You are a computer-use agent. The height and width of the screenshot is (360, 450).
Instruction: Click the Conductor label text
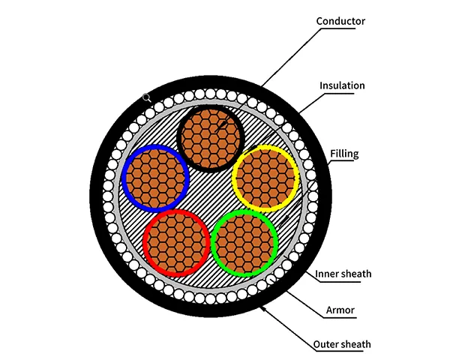[340, 21]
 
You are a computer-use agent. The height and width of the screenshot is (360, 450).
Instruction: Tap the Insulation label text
[342, 85]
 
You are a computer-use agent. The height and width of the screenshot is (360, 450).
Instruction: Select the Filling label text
[344, 154]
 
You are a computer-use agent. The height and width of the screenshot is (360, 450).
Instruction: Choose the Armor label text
[342, 308]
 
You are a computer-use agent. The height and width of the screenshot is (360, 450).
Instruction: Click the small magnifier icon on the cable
[147, 97]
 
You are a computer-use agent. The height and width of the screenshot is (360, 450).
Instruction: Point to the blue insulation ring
[126, 178]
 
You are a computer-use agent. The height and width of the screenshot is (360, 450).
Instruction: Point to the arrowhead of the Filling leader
[286, 219]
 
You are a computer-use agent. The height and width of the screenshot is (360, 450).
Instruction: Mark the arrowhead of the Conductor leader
[217, 131]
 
